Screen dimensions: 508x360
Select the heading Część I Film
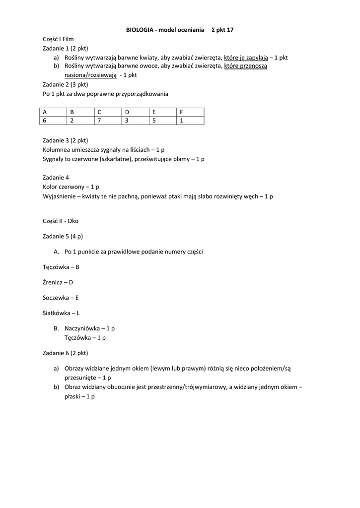[58, 39]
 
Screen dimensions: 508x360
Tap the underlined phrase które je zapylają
[246, 58]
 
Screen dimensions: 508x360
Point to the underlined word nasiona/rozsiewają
[90, 75]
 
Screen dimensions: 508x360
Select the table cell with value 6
[45, 121]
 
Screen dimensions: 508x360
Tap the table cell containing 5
[154, 121]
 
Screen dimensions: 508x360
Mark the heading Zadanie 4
[56, 178]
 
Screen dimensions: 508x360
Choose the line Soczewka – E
[61, 298]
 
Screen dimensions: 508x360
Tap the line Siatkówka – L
[61, 313]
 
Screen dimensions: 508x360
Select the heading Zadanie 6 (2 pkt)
[66, 353]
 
